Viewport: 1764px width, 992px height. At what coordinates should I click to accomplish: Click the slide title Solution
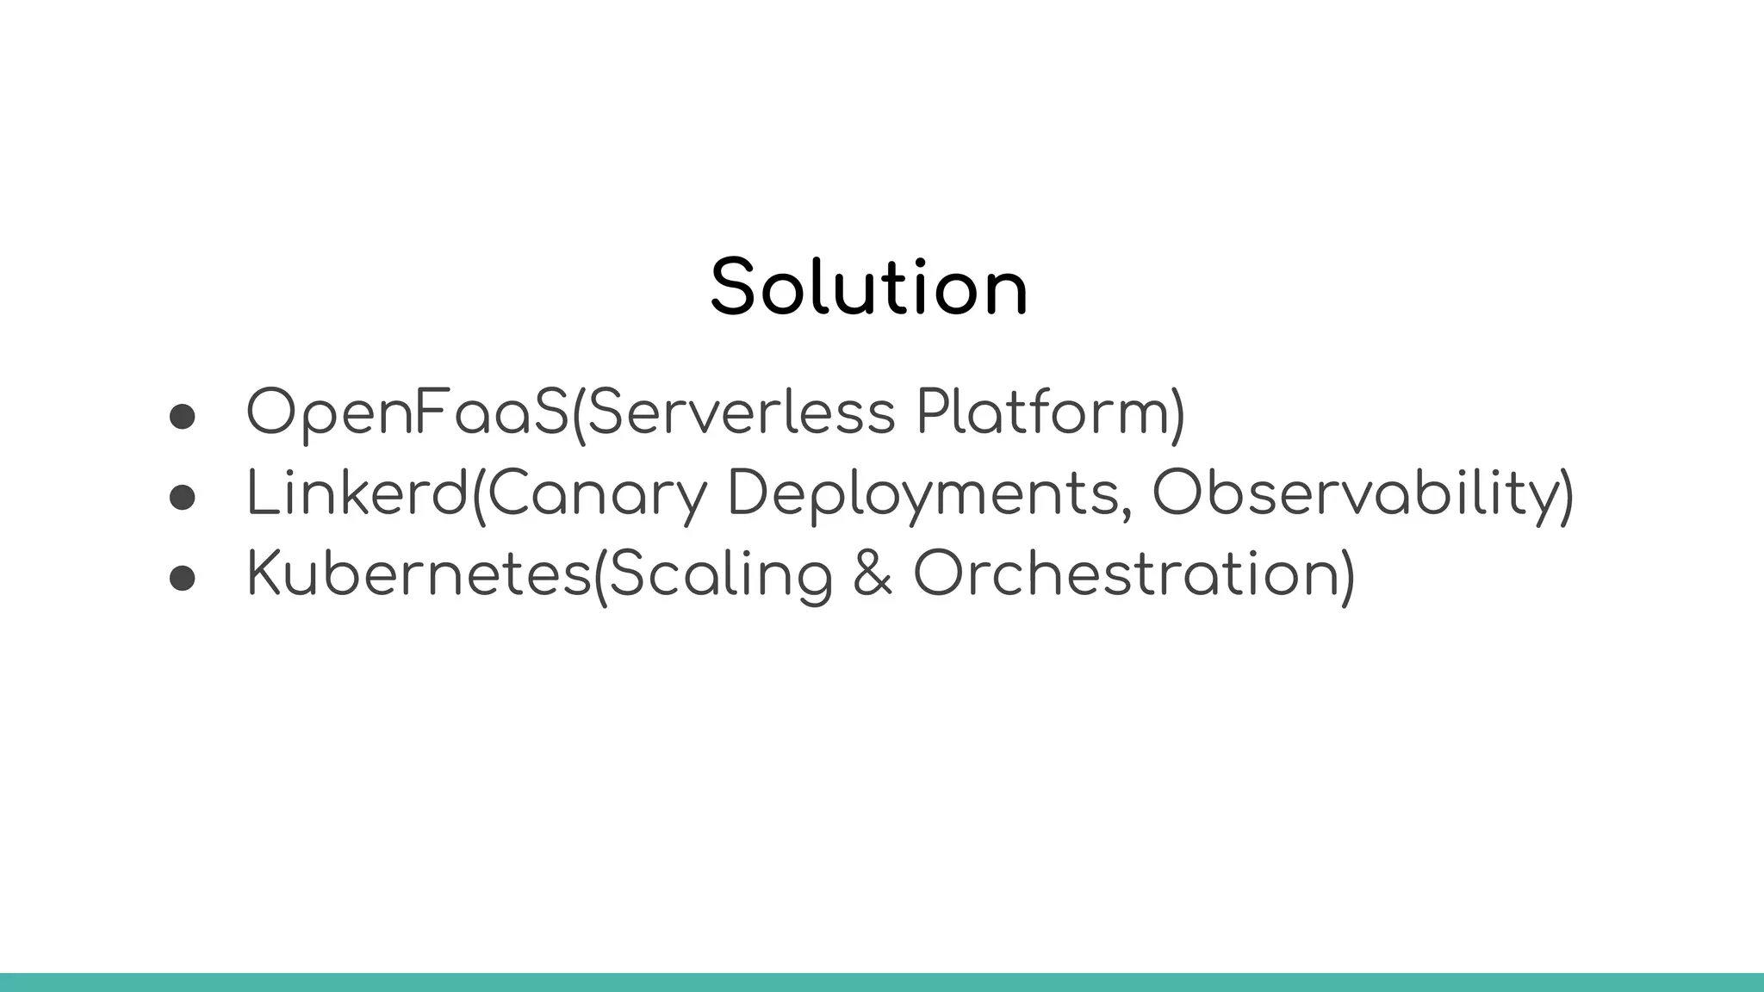pyautogui.click(x=869, y=288)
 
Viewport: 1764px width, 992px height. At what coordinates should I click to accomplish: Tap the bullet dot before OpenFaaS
pyautogui.click(x=183, y=417)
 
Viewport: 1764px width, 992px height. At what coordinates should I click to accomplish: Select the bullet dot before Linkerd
pyautogui.click(x=183, y=497)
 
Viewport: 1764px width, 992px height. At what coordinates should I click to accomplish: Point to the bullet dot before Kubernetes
pyautogui.click(x=183, y=578)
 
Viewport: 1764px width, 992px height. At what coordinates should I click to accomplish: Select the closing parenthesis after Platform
pyautogui.click(x=1177, y=415)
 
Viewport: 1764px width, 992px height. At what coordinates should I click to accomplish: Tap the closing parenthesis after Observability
pyautogui.click(x=1566, y=496)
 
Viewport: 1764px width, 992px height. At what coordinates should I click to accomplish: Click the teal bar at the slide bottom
pyautogui.click(x=882, y=983)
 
